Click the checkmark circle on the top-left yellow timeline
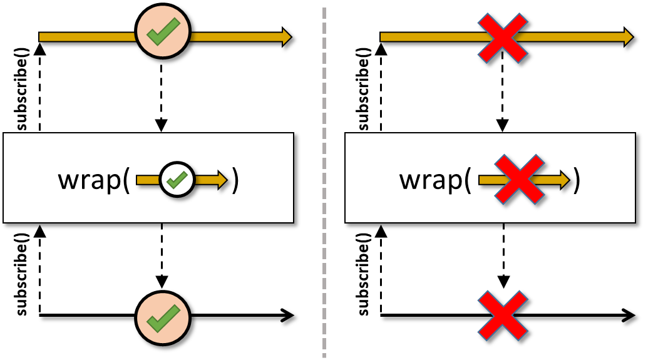pos(163,31)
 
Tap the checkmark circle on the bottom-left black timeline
pos(163,317)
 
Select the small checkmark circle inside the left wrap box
pos(177,180)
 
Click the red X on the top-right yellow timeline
pos(502,38)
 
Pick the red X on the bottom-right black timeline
pos(502,316)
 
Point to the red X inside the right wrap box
pos(519,179)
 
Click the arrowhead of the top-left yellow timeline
pos(286,37)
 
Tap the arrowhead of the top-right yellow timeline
pos(628,37)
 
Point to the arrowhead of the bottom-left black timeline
pos(287,316)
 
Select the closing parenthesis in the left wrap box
pos(235,180)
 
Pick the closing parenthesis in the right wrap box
pos(577,180)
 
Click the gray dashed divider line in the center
pos(324,183)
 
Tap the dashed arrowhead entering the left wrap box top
pos(161,125)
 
